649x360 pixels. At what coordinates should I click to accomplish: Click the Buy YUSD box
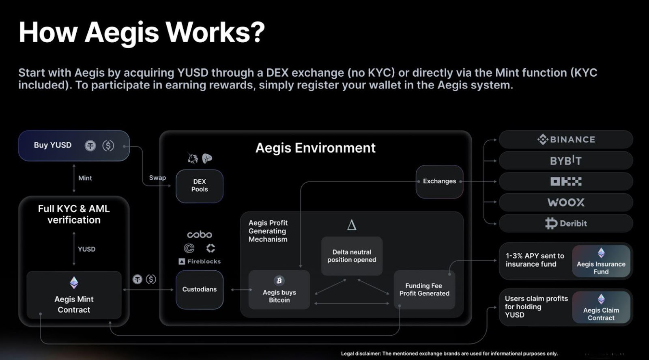coord(73,145)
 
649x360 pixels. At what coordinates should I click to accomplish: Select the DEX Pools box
coord(199,185)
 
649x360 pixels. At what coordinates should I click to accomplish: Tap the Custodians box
coord(199,289)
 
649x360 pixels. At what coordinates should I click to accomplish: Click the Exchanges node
coord(439,181)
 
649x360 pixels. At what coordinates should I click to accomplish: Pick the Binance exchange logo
coord(566,140)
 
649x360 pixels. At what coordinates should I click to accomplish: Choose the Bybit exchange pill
coord(566,161)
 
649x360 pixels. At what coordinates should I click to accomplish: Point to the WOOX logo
coord(566,202)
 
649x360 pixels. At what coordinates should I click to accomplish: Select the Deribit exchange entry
coord(566,223)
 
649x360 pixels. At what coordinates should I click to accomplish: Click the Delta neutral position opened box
coord(352,256)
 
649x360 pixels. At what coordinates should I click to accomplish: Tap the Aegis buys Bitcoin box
coord(279,290)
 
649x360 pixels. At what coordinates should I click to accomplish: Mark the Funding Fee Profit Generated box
coord(424,289)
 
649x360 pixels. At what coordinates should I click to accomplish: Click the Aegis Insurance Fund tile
coord(601,261)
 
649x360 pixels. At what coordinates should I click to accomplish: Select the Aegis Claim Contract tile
coord(601,307)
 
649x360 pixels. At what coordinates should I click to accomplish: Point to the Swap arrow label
coord(157,178)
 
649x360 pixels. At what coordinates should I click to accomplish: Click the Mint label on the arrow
coord(85,178)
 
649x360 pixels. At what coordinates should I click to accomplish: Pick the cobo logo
coord(199,235)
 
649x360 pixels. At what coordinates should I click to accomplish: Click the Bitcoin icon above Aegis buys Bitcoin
coord(279,280)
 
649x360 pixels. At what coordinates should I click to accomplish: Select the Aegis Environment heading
coord(315,148)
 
